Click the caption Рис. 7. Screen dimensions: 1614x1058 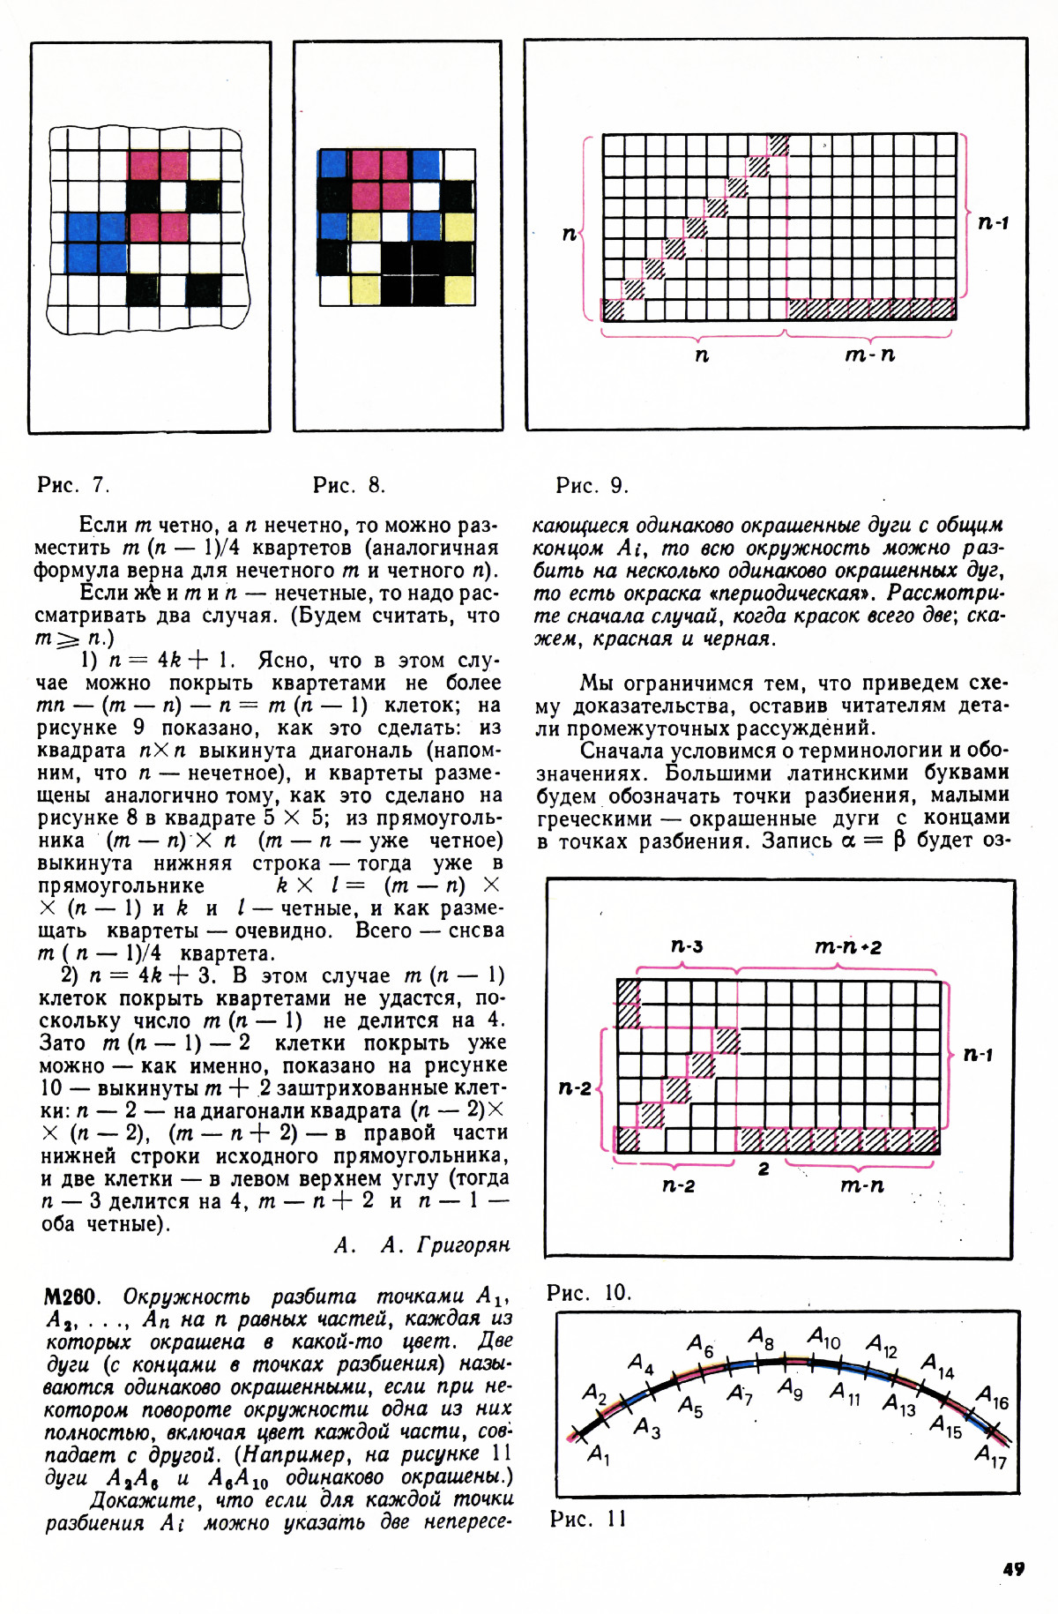[x=73, y=484]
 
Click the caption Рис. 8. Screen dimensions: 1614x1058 [x=349, y=484]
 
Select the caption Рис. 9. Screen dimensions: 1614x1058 [x=592, y=484]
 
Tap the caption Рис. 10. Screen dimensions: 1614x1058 [x=589, y=1292]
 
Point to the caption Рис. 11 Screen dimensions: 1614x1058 [x=588, y=1518]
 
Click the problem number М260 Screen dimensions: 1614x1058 [x=70, y=1296]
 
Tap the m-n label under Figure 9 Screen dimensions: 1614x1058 [x=869, y=355]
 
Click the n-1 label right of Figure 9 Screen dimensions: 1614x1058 [x=993, y=222]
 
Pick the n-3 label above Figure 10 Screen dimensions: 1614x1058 [x=687, y=946]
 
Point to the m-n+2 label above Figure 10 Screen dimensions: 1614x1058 [x=847, y=947]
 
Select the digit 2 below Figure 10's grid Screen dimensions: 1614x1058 [x=764, y=1169]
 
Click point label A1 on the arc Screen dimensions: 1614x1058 [x=599, y=1453]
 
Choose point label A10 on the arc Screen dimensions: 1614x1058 [x=824, y=1339]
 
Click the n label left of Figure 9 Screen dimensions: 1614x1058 [x=570, y=234]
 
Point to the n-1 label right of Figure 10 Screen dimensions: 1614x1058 [x=978, y=1054]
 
